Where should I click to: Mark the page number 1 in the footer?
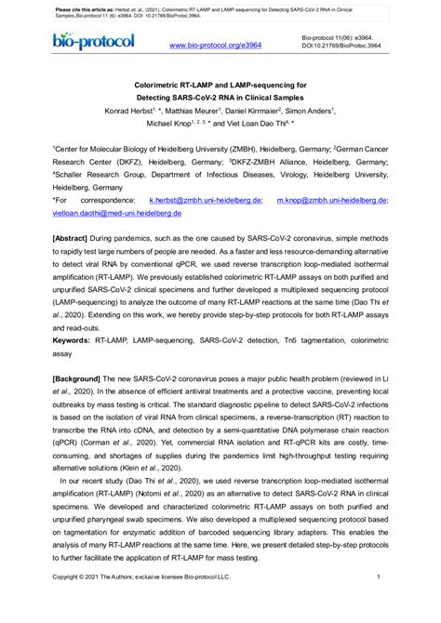[x=381, y=603]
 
